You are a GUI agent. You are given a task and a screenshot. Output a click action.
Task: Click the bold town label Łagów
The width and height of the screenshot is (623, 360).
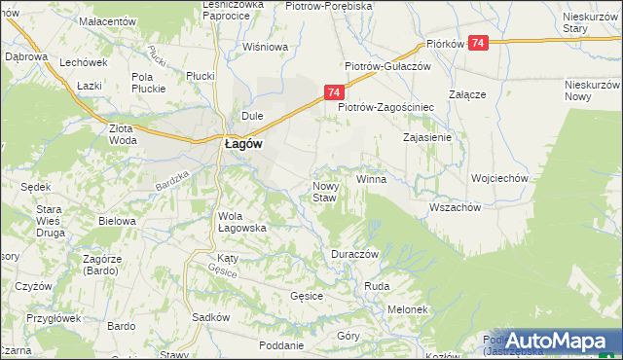point(238,142)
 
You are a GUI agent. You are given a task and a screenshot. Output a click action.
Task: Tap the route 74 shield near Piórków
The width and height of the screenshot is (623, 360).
point(478,43)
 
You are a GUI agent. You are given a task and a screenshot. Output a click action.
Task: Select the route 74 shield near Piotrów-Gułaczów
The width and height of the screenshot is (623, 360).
point(333,92)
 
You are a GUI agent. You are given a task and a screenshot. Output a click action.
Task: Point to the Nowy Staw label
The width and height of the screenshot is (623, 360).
point(324,192)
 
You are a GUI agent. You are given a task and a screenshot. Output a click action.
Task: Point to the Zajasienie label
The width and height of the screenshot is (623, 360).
point(426,137)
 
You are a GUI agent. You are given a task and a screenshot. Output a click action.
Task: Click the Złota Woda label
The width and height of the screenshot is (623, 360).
point(123,133)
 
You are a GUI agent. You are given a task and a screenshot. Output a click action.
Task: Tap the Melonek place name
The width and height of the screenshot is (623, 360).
point(408,309)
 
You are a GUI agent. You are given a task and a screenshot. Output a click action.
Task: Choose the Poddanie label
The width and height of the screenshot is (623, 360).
point(282,345)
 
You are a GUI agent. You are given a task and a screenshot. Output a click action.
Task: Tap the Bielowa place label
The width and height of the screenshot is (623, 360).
point(117,221)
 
